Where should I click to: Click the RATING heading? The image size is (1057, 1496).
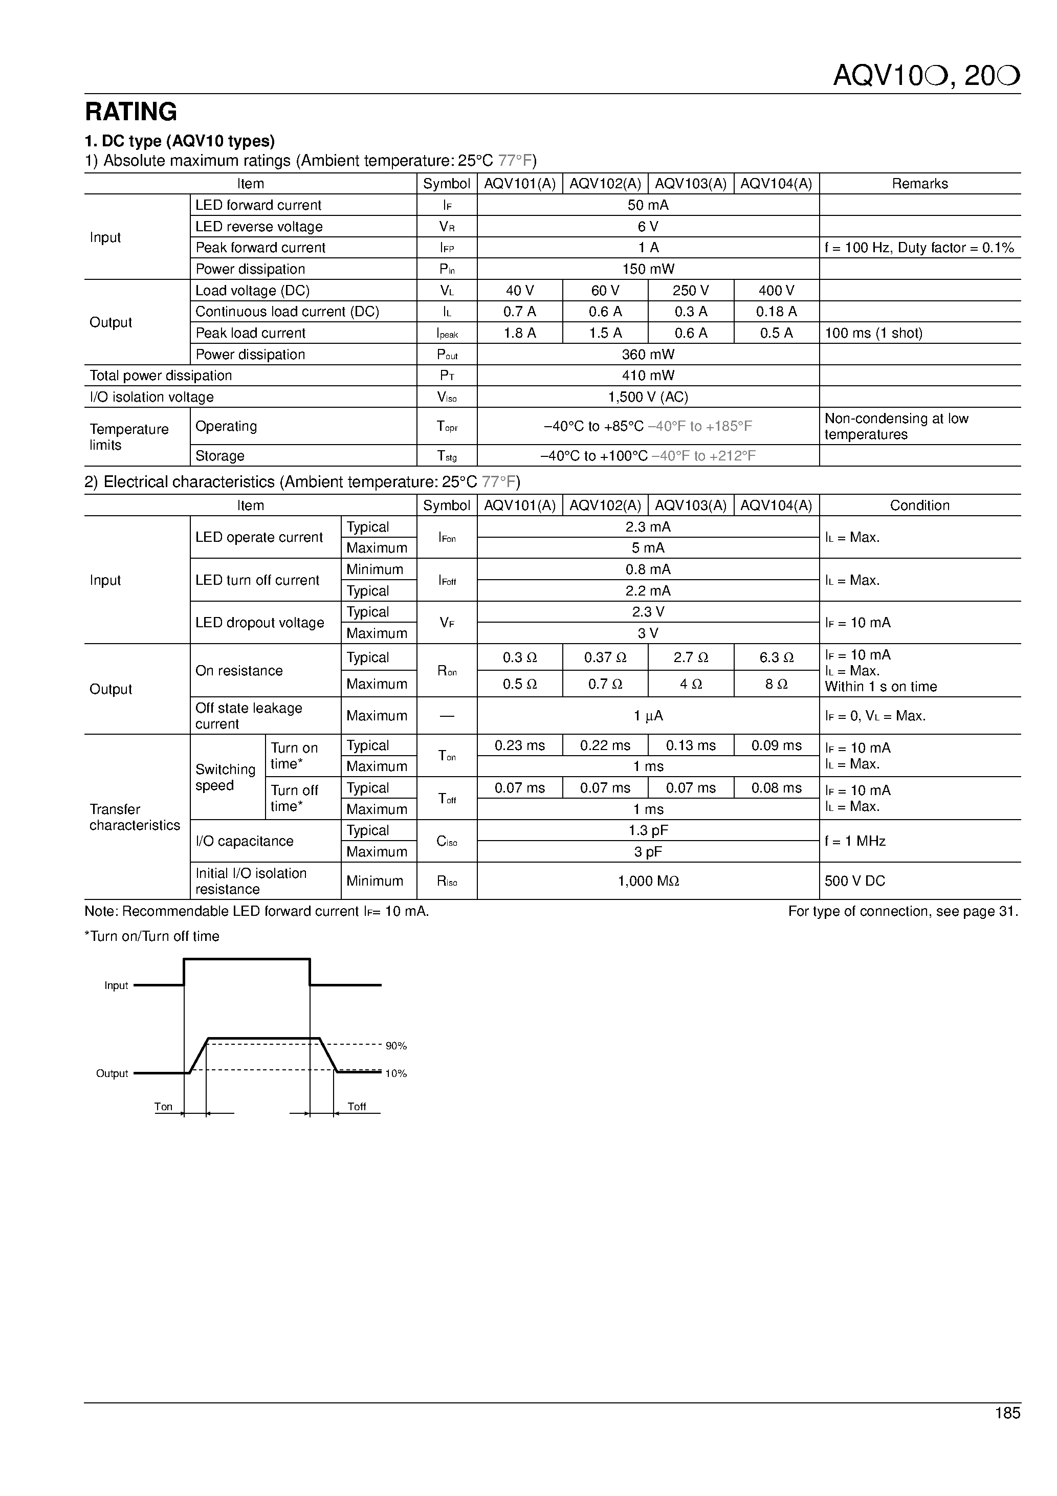tap(131, 112)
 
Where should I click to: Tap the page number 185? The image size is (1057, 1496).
tap(1007, 1431)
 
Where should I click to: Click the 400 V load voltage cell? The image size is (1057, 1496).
tap(776, 291)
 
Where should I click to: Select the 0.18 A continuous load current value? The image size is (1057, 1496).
tap(776, 312)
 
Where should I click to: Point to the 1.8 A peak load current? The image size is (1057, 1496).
tap(519, 333)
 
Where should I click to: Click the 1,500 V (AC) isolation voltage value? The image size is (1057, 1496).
tap(648, 397)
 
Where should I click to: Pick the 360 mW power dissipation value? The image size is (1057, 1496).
tap(648, 355)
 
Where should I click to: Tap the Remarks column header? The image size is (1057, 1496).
tap(919, 184)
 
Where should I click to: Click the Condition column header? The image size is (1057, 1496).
tap(919, 505)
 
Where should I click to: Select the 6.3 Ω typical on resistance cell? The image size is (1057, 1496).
tap(776, 657)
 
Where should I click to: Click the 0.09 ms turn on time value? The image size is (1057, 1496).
tap(776, 745)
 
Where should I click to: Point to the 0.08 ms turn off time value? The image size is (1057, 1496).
tap(776, 788)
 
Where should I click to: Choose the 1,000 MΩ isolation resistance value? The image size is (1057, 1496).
tap(648, 881)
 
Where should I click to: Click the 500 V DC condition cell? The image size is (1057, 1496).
tap(855, 881)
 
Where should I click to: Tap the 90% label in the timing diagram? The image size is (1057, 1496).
tap(395, 1046)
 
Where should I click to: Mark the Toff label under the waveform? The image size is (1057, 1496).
tap(357, 1106)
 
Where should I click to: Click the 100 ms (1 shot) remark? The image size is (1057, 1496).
tap(873, 333)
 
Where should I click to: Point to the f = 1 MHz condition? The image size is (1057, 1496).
tap(855, 841)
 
